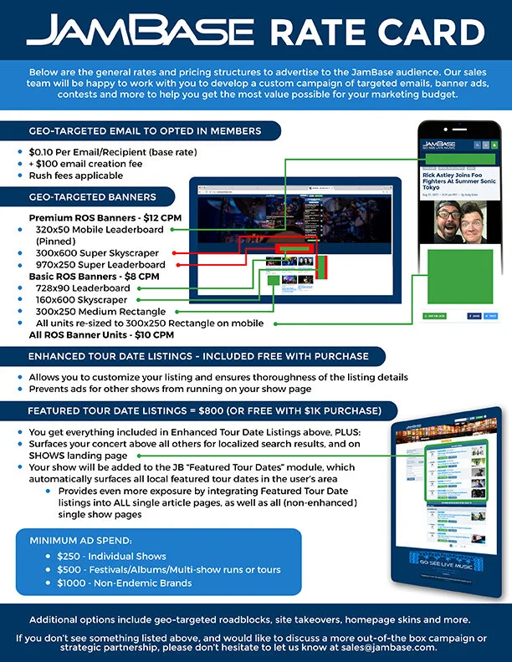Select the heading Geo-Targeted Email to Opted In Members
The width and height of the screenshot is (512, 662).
click(x=145, y=131)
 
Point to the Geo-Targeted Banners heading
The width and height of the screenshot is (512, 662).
click(x=92, y=197)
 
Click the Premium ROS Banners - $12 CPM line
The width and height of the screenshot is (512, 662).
click(x=105, y=217)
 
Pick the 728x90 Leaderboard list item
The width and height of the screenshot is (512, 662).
click(x=83, y=288)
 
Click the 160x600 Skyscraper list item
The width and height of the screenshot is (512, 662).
click(x=81, y=299)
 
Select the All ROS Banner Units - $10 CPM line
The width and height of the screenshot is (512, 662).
click(x=101, y=334)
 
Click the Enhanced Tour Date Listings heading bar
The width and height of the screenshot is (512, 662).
click(x=198, y=357)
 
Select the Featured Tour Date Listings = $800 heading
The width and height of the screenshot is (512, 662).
click(x=204, y=411)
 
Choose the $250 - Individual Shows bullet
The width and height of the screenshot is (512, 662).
click(x=111, y=556)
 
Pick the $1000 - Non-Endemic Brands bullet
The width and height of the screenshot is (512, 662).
click(x=124, y=583)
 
